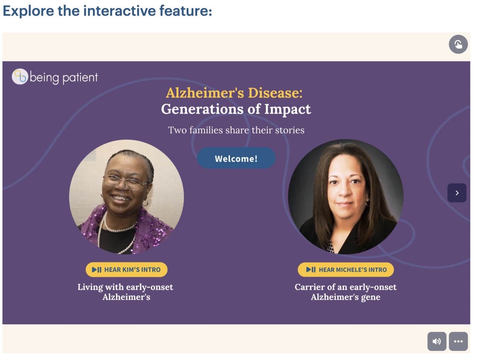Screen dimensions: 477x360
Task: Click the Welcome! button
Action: point(236,158)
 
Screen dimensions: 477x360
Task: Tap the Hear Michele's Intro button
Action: point(346,269)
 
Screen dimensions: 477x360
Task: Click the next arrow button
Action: point(457,193)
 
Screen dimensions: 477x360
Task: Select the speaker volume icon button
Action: point(437,341)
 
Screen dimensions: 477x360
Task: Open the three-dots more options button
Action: point(458,341)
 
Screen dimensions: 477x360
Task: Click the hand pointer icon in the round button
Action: point(458,44)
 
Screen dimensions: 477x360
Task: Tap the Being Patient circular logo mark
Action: point(20,76)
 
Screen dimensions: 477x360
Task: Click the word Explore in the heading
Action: point(28,11)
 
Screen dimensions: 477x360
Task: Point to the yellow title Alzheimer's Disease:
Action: point(234,93)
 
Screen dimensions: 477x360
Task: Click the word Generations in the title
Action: point(202,109)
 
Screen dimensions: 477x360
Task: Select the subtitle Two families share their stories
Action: point(236,130)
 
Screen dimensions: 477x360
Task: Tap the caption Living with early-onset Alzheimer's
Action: point(126,292)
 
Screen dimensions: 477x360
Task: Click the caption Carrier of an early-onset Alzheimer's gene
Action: point(345,292)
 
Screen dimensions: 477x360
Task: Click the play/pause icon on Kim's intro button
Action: point(97,269)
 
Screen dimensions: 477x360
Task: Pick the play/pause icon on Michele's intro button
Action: point(311,269)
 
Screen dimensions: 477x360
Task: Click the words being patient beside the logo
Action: point(64,78)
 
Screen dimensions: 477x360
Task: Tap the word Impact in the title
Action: point(288,109)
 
